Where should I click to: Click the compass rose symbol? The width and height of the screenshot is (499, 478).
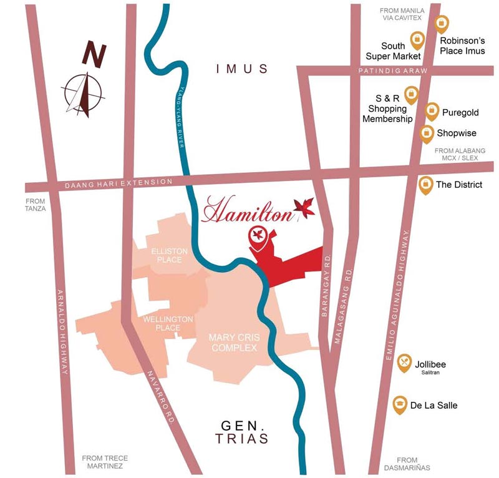click(83, 94)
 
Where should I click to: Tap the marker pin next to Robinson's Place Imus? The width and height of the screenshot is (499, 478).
click(442, 24)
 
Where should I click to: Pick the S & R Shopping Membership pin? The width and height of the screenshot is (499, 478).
click(411, 95)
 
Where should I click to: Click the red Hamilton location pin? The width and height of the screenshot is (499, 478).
click(256, 236)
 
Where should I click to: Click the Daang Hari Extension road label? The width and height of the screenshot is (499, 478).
click(119, 183)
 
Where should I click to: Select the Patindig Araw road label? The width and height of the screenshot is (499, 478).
click(393, 72)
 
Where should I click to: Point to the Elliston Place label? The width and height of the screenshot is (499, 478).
click(169, 255)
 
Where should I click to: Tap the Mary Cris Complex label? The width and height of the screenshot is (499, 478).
click(234, 343)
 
